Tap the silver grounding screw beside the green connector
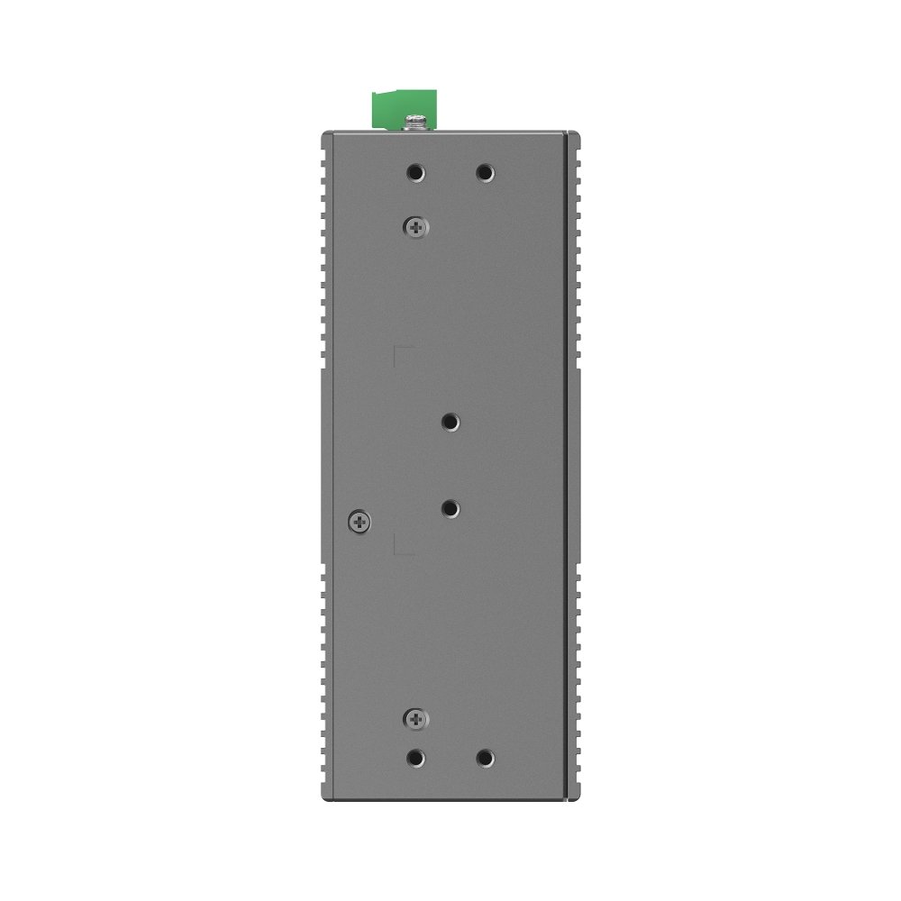(x=416, y=122)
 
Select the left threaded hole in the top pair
(x=415, y=172)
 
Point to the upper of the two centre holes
(x=450, y=422)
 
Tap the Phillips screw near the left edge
(x=359, y=520)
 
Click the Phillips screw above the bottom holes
(x=415, y=718)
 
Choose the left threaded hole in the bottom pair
(x=415, y=758)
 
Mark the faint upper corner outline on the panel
(x=403, y=353)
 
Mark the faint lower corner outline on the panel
(x=403, y=544)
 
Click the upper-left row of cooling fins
(x=322, y=252)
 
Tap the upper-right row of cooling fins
(x=577, y=252)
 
